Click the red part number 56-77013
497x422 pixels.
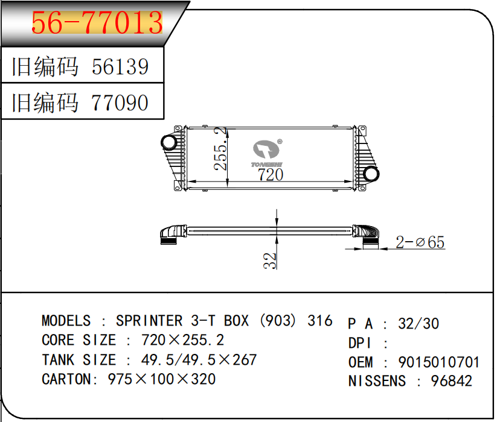pyautogui.click(x=97, y=23)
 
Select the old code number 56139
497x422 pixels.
pyautogui.click(x=120, y=66)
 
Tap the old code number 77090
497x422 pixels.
pyautogui.click(x=120, y=102)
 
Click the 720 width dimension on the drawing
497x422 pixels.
pyautogui.click(x=270, y=175)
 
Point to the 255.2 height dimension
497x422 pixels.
pyautogui.click(x=221, y=148)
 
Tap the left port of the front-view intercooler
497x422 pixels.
pyautogui.click(x=168, y=143)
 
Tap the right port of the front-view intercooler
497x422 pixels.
pyautogui.click(x=371, y=174)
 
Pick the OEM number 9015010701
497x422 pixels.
pyautogui.click(x=438, y=362)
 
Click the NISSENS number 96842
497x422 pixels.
pyautogui.click(x=451, y=381)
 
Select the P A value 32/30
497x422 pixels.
pyautogui.click(x=418, y=324)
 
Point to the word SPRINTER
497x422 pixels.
pyautogui.click(x=149, y=321)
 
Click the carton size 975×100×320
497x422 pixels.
pyautogui.click(x=161, y=379)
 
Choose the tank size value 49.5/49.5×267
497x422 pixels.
pyautogui.click(x=199, y=360)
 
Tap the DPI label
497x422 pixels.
pyautogui.click(x=361, y=343)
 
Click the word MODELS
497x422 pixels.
pyautogui.click(x=66, y=321)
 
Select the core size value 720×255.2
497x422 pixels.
pyautogui.click(x=182, y=340)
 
